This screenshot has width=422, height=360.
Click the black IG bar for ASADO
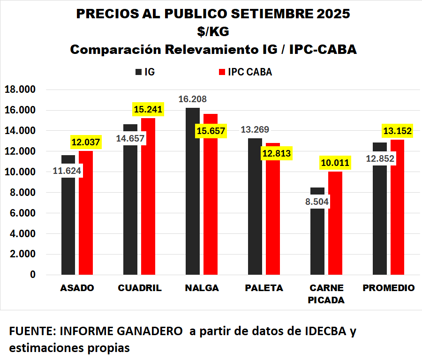pos(68,225)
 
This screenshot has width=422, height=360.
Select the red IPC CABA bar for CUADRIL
pos(148,202)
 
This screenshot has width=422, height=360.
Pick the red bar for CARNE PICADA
pos(335,225)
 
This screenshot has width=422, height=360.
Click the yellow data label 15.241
pos(148,110)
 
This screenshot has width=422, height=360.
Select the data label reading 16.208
pos(192,99)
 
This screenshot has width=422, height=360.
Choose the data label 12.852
pos(380,158)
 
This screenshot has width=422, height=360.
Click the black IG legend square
pos(138,72)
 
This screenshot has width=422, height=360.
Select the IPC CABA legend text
pos(249,72)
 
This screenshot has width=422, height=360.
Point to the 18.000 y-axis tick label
pos(20,90)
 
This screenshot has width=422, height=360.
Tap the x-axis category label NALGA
pos(202,288)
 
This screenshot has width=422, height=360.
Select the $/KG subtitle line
pos(213,31)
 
